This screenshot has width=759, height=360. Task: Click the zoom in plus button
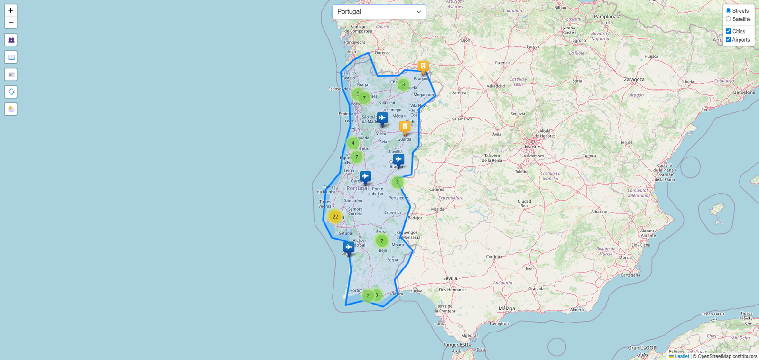tap(10, 10)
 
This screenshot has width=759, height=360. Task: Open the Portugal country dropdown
tap(379, 12)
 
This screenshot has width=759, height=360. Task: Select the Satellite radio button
tap(728, 19)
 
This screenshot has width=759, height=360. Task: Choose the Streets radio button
tap(728, 11)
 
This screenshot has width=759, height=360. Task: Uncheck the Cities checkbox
tap(728, 31)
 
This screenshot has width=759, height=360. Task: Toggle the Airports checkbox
tap(728, 40)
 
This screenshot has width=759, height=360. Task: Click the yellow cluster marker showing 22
tap(335, 217)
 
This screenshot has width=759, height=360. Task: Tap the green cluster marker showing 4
tap(353, 143)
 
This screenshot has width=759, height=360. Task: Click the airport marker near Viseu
tap(382, 118)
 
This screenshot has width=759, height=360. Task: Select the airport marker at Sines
tap(349, 247)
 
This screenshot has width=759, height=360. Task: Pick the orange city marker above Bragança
tap(423, 66)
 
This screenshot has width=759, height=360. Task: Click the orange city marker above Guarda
tap(405, 127)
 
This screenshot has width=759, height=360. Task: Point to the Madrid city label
tap(532, 147)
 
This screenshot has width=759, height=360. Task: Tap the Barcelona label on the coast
tap(744, 92)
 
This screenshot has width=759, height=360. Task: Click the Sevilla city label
tap(450, 278)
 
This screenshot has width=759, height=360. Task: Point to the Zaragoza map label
tap(634, 79)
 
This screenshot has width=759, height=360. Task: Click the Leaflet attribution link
tap(682, 356)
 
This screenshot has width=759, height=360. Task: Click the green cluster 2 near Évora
tap(382, 240)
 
